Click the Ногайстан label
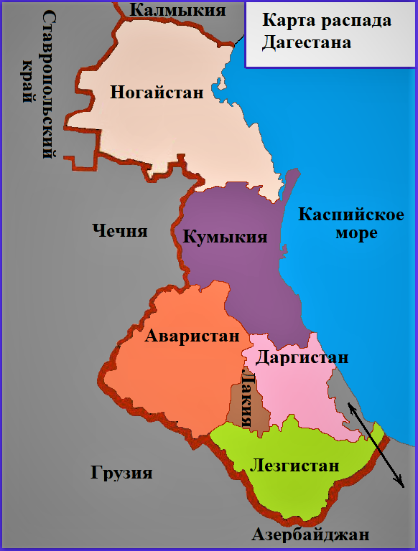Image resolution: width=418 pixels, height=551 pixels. click(x=157, y=93)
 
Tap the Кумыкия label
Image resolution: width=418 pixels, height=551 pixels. click(x=225, y=237)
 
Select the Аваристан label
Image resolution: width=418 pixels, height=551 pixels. click(x=192, y=336)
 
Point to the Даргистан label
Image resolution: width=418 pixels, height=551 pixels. click(x=302, y=357)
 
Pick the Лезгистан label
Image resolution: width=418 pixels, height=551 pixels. click(x=294, y=466)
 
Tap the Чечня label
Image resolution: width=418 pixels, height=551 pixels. click(x=120, y=231)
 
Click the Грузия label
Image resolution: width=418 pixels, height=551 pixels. click(x=121, y=474)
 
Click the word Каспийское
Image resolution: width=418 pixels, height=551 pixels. click(x=341, y=215)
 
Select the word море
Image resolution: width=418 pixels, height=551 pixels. click(x=356, y=234)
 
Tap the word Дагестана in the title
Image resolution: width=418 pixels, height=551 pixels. click(x=306, y=42)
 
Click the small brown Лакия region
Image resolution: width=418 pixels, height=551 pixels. click(x=238, y=405)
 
